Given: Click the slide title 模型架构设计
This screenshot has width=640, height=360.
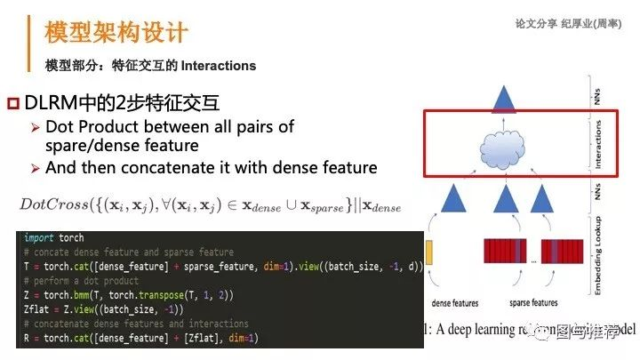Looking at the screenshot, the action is (116, 34).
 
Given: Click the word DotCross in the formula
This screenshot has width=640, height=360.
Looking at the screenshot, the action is (57, 205).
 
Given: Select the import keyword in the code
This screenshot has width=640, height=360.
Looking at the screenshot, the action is (39, 238).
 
